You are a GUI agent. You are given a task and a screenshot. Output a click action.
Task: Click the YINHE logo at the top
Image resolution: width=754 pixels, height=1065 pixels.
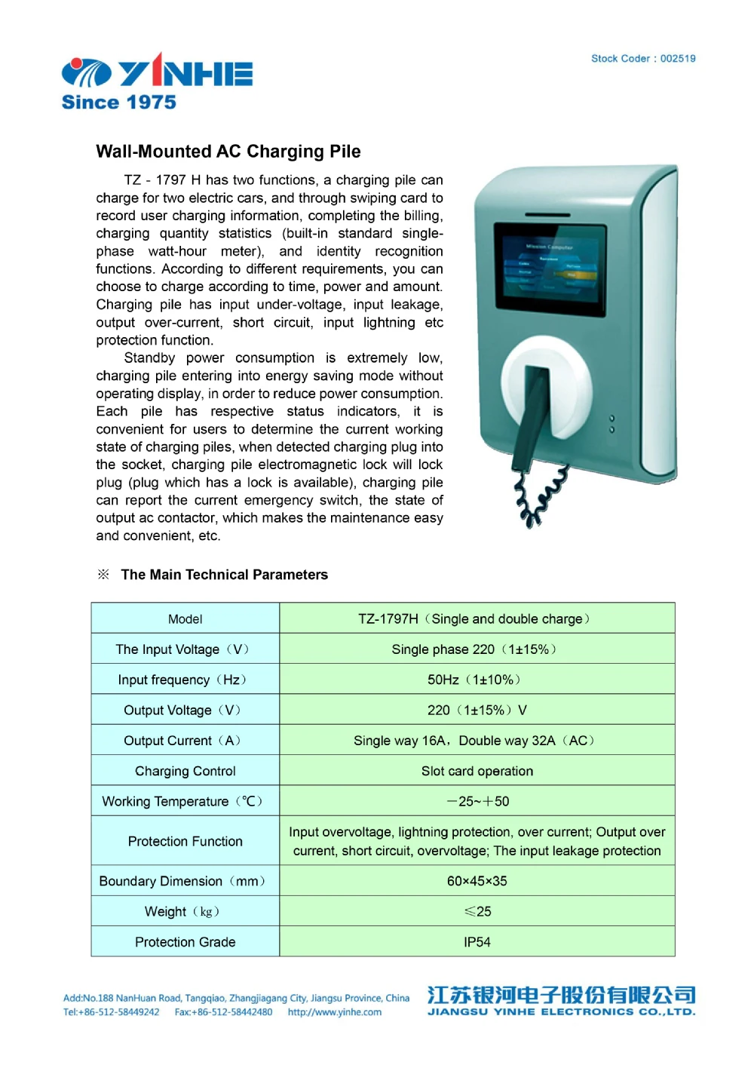pos(157,72)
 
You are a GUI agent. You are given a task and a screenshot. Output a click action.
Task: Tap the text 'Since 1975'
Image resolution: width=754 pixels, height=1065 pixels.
pos(119,103)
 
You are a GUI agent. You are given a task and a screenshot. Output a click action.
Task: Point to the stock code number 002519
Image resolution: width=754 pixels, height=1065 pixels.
pos(678,59)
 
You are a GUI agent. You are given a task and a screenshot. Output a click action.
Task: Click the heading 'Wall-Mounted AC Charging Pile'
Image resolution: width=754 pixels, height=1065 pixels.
pos(228,152)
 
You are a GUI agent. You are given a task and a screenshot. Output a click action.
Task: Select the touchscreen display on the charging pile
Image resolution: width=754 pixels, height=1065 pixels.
pos(550,270)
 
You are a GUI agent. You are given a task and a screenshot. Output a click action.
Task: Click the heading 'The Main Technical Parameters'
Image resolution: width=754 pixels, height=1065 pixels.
pos(224,575)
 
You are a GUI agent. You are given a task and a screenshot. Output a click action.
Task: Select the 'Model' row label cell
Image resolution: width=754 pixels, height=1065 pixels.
pos(185,619)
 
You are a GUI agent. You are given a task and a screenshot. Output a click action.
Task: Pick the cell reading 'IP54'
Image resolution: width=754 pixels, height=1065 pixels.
pos(477,942)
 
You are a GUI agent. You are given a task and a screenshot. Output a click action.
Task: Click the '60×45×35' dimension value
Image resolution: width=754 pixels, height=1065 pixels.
pos(477,881)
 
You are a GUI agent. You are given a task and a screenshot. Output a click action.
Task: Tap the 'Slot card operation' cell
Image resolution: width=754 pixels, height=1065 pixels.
pos(477,771)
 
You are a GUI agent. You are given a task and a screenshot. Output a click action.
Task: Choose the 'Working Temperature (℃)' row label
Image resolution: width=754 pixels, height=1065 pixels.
pos(182,801)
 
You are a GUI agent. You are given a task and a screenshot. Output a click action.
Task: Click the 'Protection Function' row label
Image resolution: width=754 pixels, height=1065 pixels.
pos(185,841)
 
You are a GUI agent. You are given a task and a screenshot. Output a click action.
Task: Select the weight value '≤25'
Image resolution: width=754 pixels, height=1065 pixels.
pos(477,911)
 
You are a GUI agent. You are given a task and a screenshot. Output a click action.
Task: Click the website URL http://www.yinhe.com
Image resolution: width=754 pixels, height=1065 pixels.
pos(335,1012)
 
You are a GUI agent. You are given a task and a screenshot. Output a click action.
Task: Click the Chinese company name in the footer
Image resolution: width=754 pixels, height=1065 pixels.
pos(561,995)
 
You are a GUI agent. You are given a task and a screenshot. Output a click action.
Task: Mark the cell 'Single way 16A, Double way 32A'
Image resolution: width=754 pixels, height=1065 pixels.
pos(474,741)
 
